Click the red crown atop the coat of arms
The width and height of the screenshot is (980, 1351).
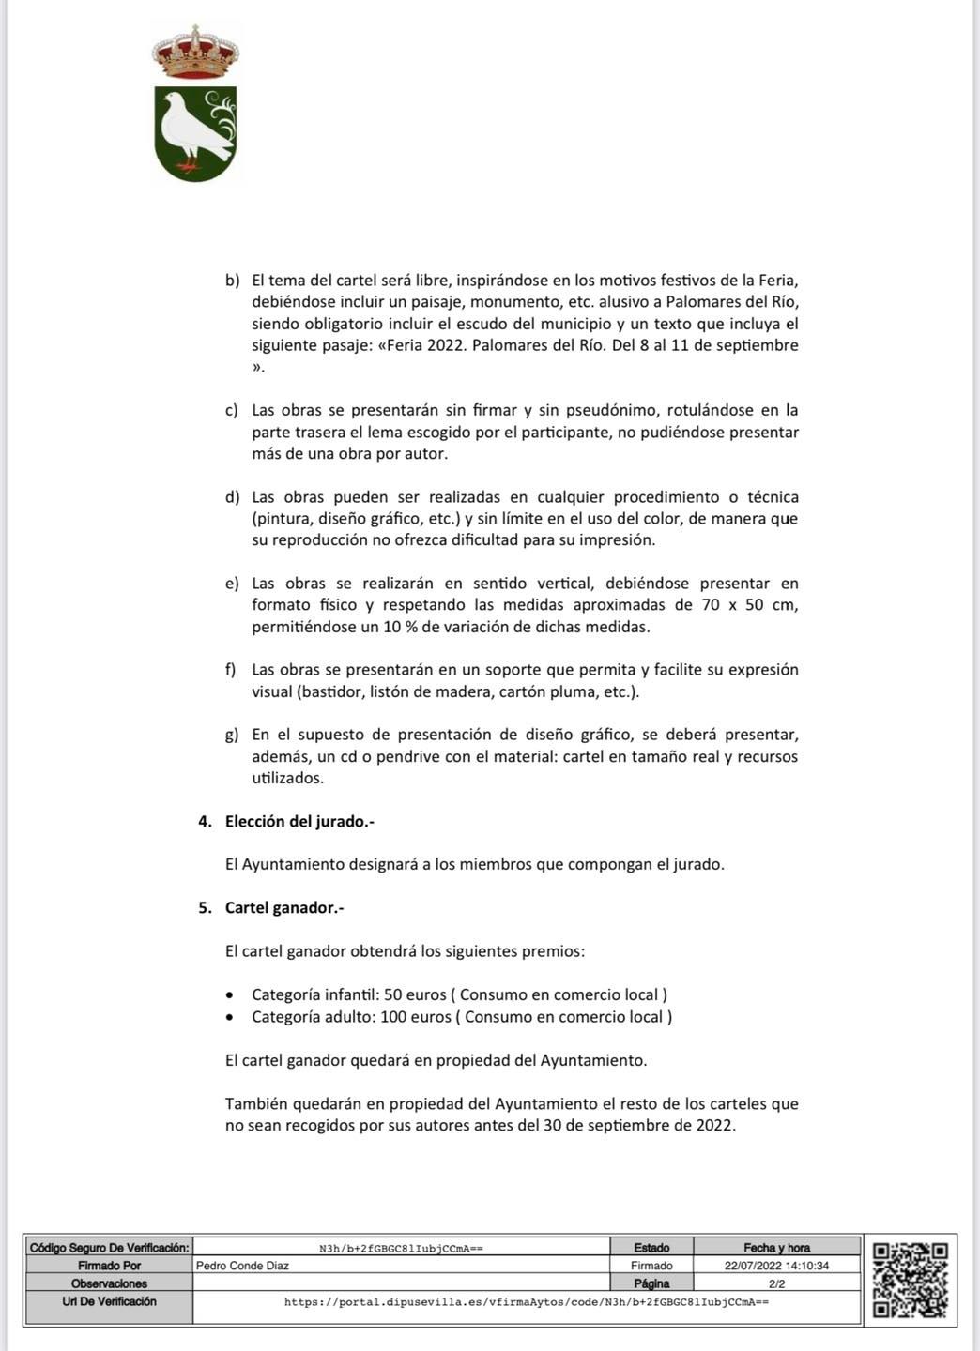click(195, 53)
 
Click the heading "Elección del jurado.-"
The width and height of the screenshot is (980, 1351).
click(299, 821)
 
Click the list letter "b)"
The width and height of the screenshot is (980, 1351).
click(233, 281)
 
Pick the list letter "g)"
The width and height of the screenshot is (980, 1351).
click(233, 735)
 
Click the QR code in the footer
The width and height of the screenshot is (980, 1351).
click(910, 1281)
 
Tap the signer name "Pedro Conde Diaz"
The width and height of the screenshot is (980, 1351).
click(242, 1266)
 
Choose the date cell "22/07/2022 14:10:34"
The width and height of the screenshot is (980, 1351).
click(776, 1266)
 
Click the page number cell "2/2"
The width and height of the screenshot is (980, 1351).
click(776, 1283)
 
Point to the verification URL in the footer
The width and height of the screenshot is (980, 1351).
click(526, 1302)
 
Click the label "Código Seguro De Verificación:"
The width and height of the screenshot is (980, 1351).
click(109, 1248)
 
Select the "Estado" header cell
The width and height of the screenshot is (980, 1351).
click(651, 1248)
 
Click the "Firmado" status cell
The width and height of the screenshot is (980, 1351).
click(651, 1266)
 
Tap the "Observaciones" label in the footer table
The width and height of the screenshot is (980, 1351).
click(109, 1283)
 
